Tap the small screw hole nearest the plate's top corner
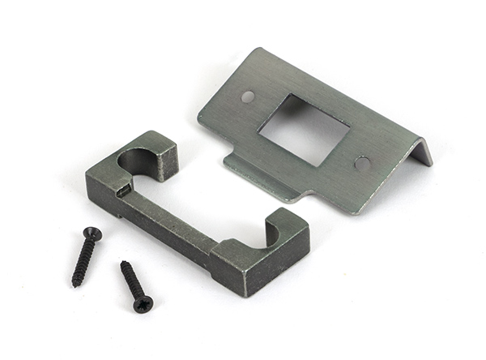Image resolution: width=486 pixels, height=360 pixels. [x=248, y=96]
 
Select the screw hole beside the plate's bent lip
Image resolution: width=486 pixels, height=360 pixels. [x=362, y=163]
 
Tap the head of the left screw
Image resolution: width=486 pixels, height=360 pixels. [x=92, y=234]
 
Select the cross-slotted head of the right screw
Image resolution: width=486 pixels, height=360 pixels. [x=143, y=304]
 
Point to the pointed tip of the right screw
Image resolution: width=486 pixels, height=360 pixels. [x=123, y=263]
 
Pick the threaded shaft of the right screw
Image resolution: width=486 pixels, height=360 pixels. [x=132, y=281]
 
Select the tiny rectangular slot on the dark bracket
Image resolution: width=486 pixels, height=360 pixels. [x=121, y=191]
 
